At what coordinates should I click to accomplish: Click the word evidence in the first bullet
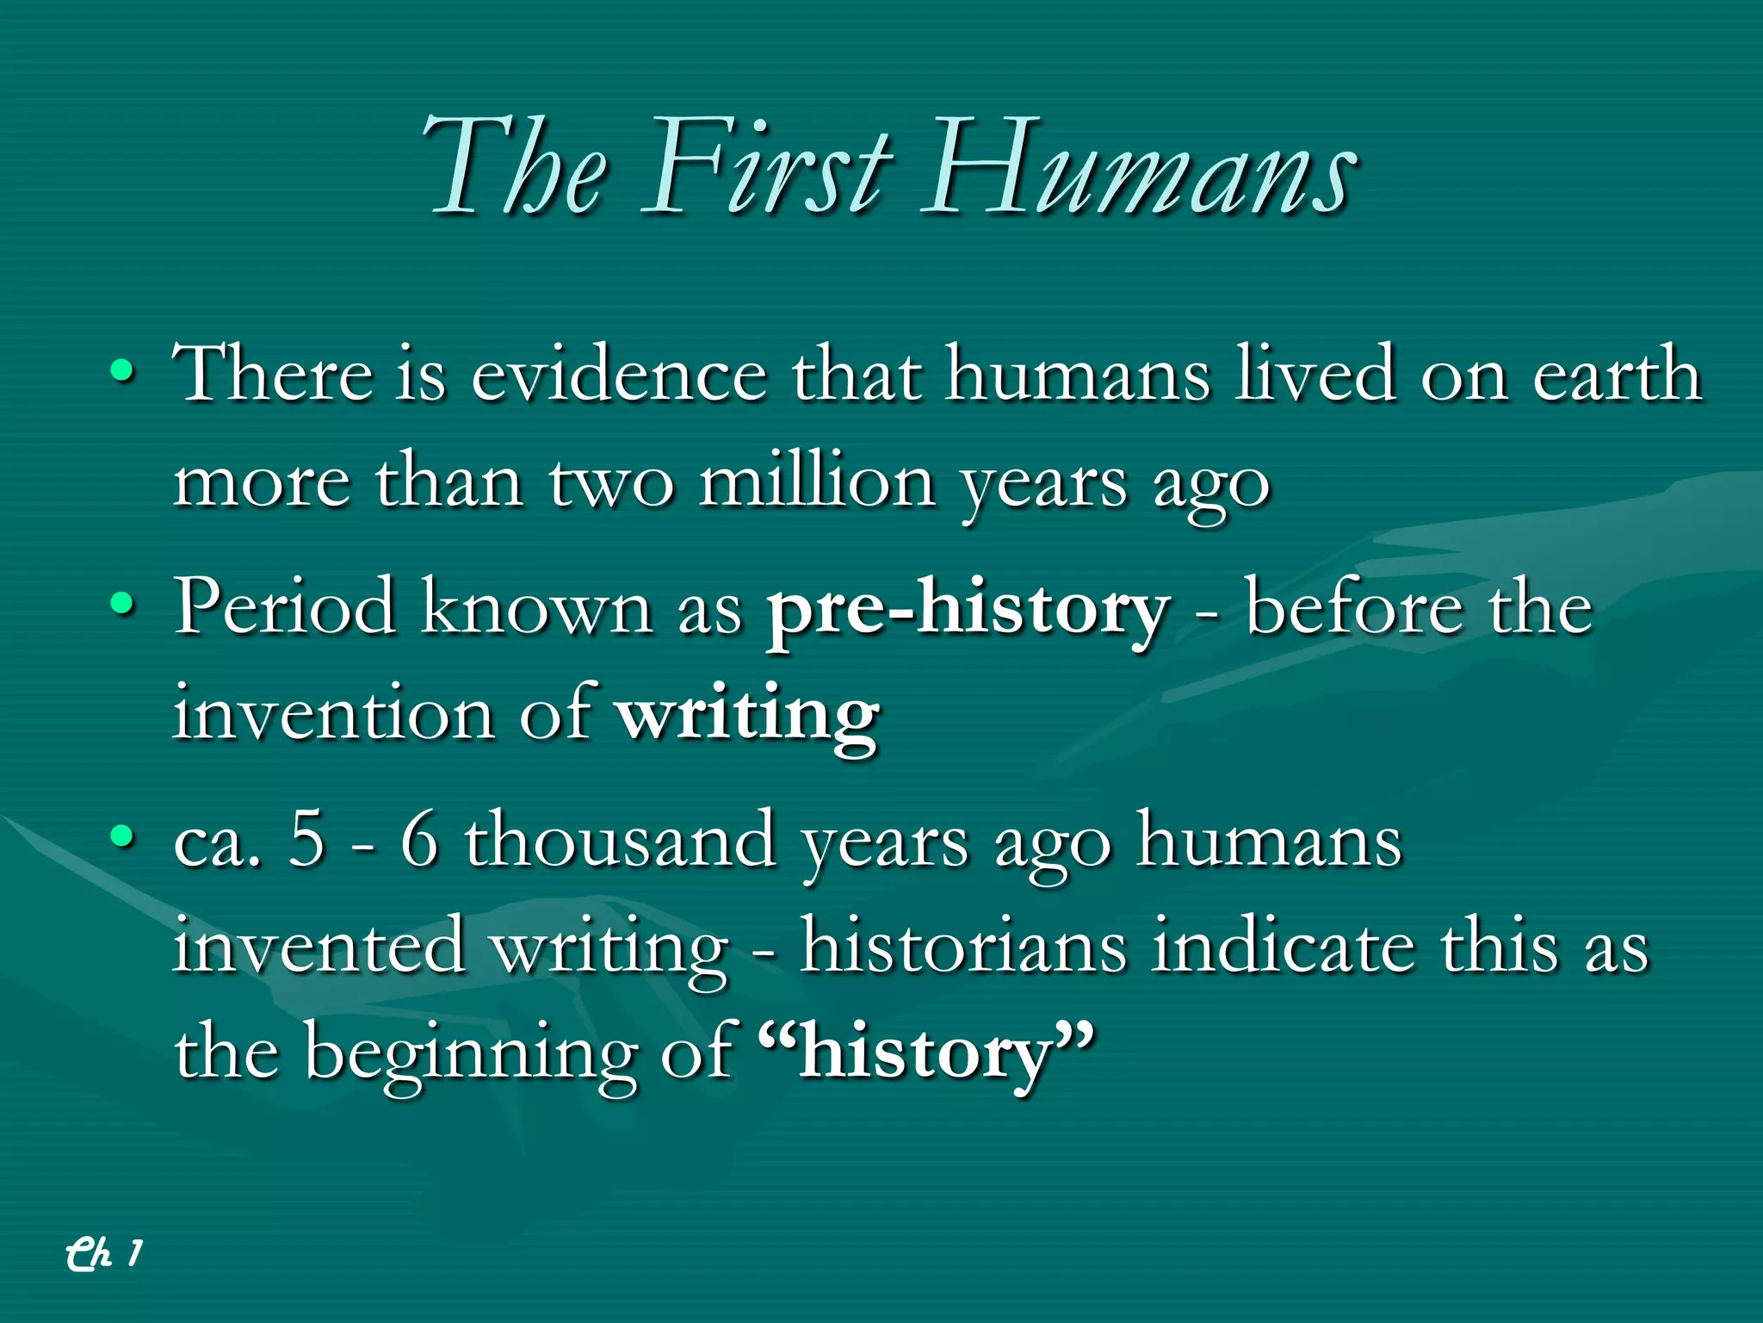pos(618,375)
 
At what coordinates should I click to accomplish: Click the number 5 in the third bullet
pos(306,840)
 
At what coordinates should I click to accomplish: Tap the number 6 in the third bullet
pos(419,840)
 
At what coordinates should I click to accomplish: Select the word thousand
pos(620,840)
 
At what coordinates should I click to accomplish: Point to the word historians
pos(962,946)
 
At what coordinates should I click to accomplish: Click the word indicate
pos(1283,946)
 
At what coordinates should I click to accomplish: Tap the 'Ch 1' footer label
pos(103,1253)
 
